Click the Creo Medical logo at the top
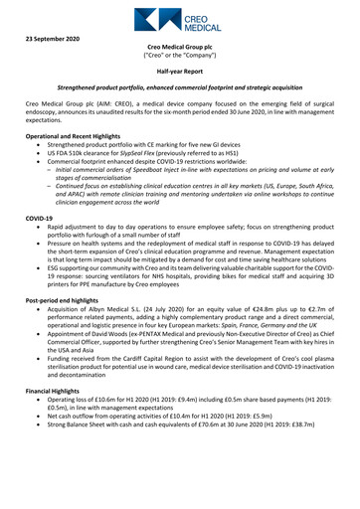[x=179, y=19]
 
